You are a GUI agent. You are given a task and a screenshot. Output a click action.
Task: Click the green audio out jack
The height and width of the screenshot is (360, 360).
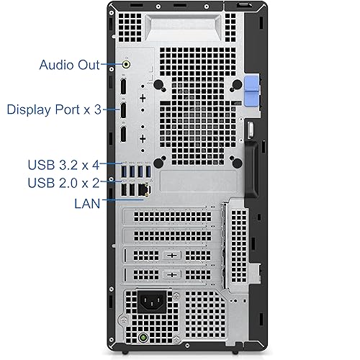tap(127, 64)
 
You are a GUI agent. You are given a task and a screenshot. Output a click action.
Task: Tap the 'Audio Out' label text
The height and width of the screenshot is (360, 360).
tap(69, 65)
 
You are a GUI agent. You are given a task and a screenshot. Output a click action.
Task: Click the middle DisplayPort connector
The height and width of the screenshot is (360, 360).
tap(123, 109)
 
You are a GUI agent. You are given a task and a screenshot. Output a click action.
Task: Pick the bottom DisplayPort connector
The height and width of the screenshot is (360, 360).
tap(123, 134)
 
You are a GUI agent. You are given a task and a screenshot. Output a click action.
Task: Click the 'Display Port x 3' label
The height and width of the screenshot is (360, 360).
tap(54, 109)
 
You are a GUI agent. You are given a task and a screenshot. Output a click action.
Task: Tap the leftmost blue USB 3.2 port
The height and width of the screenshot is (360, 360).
tap(124, 171)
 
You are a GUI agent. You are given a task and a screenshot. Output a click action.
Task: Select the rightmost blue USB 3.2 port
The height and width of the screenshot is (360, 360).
tap(148, 171)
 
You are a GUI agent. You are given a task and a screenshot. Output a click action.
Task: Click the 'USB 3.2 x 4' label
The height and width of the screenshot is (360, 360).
tap(63, 165)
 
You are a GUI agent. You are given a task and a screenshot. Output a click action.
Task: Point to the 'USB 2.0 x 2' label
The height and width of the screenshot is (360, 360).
tap(63, 183)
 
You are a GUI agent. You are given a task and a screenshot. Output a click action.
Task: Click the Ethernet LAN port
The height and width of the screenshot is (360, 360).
tap(144, 189)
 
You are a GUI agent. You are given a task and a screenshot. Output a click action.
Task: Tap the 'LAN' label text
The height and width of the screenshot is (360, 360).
tap(87, 204)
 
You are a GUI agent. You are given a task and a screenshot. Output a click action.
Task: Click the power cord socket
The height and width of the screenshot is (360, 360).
tap(152, 302)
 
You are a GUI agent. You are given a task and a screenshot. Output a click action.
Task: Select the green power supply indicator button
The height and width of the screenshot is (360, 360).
tap(143, 338)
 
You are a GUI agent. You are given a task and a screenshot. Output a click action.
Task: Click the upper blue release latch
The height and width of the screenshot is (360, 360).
tap(251, 83)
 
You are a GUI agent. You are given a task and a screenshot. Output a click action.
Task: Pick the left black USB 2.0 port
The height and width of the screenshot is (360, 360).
tap(124, 190)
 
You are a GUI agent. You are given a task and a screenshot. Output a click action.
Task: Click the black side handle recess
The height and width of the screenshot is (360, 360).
tap(252, 169)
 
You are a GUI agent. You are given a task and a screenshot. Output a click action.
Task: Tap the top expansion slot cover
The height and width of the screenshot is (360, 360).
tap(171, 216)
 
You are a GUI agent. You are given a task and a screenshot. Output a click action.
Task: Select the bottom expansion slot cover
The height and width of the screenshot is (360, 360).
tap(171, 274)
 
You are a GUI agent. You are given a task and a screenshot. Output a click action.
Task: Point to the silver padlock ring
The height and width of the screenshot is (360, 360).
tap(251, 130)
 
